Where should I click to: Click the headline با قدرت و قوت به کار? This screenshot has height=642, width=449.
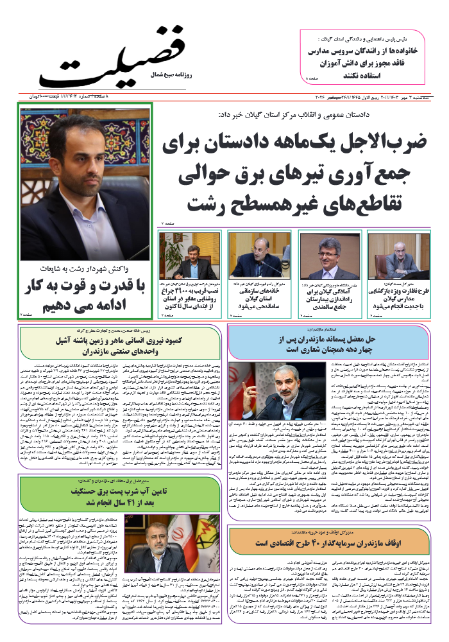pos(86,284)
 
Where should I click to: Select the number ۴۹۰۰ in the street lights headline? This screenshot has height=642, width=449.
pos(190,291)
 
